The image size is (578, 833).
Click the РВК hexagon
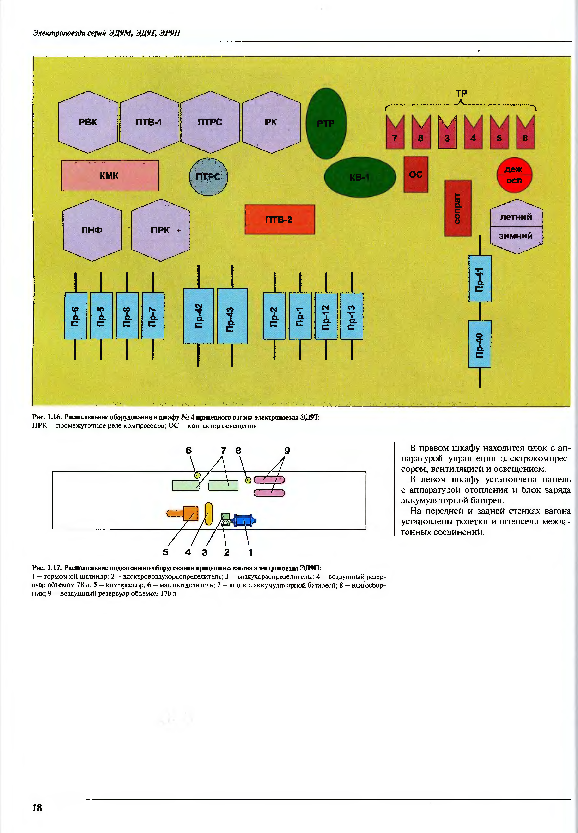(88, 122)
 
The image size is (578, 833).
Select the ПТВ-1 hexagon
(149, 122)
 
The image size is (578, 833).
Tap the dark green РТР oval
(326, 124)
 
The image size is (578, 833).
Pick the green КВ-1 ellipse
(360, 177)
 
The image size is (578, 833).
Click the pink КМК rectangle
(110, 176)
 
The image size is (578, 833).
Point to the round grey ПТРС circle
(208, 177)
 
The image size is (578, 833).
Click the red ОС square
(416, 174)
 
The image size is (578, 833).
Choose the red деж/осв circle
(514, 175)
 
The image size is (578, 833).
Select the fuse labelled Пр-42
(198, 316)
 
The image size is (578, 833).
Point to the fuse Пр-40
(480, 344)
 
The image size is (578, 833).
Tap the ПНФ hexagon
(92, 230)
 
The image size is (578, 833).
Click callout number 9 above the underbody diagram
(287, 451)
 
